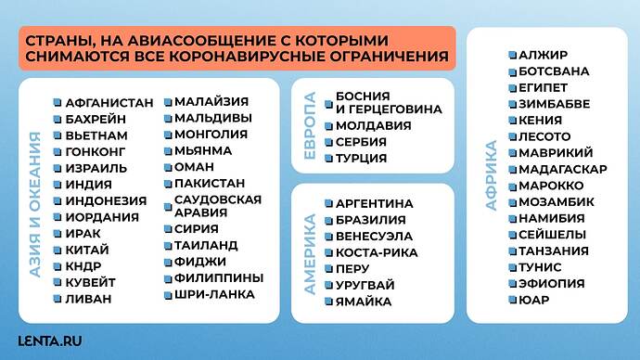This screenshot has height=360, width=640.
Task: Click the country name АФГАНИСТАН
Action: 109,103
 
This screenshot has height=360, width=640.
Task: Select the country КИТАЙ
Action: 87,250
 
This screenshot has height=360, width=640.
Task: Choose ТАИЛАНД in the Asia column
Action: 205,245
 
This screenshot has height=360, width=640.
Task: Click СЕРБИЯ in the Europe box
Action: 363,142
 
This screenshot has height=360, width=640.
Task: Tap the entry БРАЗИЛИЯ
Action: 370,220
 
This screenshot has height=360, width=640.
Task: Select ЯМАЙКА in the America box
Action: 364,302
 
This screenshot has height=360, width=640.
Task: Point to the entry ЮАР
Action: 534,300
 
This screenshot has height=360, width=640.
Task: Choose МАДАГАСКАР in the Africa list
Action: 563,169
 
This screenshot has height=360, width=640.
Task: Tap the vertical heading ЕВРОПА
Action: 310,125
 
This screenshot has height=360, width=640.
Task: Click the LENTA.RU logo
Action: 50,340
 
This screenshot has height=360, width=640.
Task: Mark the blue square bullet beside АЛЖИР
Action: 512,55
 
